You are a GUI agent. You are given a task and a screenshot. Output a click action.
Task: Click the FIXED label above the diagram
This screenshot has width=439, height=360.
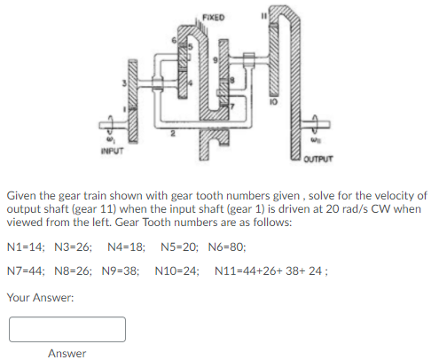[x=213, y=16]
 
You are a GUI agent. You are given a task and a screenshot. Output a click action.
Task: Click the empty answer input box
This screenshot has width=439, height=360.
[x=67, y=329]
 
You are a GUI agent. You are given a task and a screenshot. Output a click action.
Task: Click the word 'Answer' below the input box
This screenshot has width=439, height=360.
[x=67, y=354]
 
